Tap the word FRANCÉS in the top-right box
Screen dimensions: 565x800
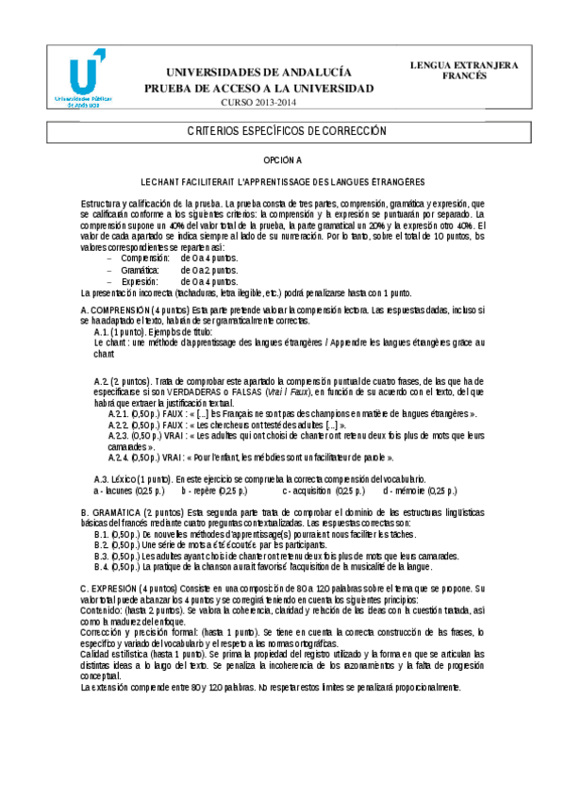coord(464,76)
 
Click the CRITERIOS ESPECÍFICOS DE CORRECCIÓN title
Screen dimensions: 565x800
coord(282,132)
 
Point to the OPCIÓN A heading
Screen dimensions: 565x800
coord(282,161)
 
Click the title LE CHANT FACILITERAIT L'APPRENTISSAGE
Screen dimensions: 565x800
coord(282,181)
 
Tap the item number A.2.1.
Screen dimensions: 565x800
coord(118,413)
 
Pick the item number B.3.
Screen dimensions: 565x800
coord(103,557)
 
